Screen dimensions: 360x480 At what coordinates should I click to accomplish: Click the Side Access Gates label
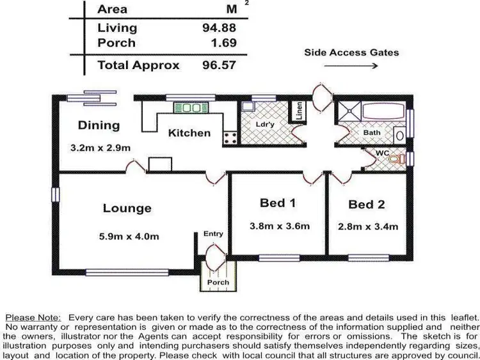tap(351, 52)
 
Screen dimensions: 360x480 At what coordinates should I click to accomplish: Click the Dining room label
tap(99, 125)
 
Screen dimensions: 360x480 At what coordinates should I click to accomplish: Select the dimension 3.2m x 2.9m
tap(100, 148)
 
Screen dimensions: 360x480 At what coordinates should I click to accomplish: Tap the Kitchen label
tap(189, 133)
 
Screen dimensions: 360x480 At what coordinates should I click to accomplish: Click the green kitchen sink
tap(188, 108)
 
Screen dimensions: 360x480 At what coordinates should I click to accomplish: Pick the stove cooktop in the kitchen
tap(229, 136)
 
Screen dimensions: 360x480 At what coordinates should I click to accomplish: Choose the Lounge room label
tap(127, 208)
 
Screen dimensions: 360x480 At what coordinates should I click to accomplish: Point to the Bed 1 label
tap(278, 203)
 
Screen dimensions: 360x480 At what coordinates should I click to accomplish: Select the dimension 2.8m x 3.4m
tap(368, 226)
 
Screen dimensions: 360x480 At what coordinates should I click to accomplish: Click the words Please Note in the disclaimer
tap(33, 317)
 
